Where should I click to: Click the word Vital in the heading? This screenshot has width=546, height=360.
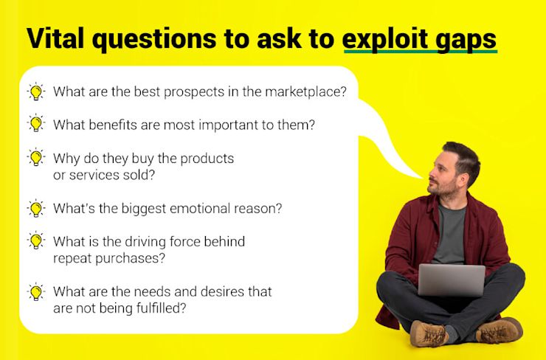point(55,38)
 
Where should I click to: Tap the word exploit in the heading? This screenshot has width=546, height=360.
point(380,39)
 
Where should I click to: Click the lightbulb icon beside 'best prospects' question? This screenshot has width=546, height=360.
point(36,92)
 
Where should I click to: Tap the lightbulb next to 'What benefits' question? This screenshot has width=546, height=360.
point(36,124)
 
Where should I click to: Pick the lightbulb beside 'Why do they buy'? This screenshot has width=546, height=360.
point(36,157)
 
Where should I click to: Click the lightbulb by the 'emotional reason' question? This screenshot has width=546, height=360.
point(36,208)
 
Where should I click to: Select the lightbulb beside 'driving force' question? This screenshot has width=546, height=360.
point(36,240)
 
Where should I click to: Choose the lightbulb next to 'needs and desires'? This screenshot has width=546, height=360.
point(36,291)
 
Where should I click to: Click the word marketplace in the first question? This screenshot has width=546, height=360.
point(305,92)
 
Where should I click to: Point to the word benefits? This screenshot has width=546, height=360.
point(113,125)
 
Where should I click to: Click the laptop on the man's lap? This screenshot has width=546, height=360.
point(452,280)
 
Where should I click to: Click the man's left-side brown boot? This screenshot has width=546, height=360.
point(429,333)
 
